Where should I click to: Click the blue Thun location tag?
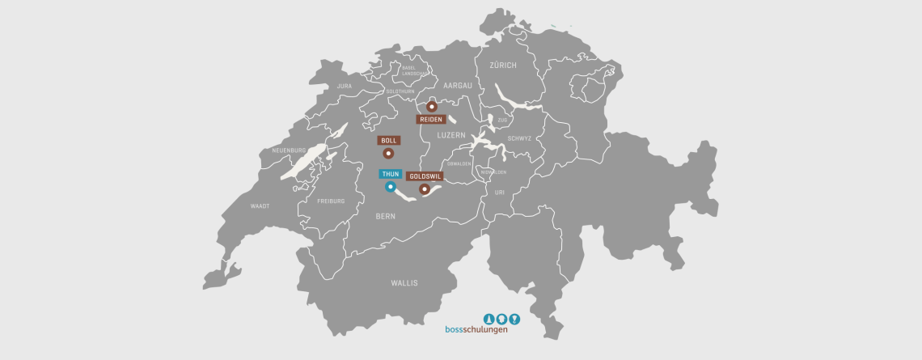(391, 174)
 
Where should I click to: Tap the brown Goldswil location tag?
(425, 176)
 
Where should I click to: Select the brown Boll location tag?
(388, 141)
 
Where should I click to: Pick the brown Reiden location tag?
(431, 119)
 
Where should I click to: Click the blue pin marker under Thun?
(390, 188)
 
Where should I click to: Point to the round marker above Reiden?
(432, 106)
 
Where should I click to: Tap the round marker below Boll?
(388, 153)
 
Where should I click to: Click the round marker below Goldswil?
(424, 189)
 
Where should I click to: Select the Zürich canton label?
(503, 65)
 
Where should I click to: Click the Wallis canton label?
(404, 283)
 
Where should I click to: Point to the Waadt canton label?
(260, 206)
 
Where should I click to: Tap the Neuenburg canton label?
(289, 150)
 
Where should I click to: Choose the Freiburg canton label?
(331, 201)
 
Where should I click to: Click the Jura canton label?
(345, 85)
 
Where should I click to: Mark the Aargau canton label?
(457, 85)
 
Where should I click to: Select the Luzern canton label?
(451, 135)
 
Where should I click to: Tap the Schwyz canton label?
(519, 138)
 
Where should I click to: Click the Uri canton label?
(499, 192)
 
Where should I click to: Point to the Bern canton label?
(385, 217)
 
